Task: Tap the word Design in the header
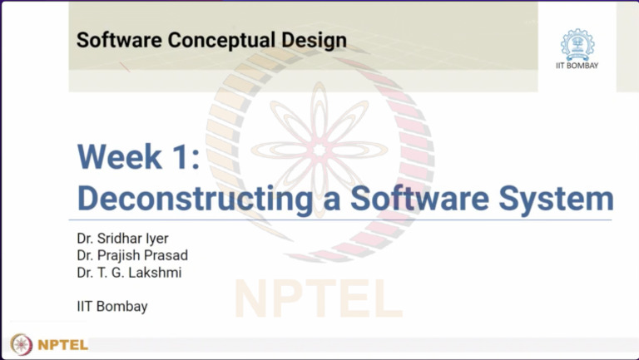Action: [314, 39]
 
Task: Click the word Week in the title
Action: [122, 156]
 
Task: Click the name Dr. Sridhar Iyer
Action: [122, 239]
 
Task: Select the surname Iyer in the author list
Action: [156, 239]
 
